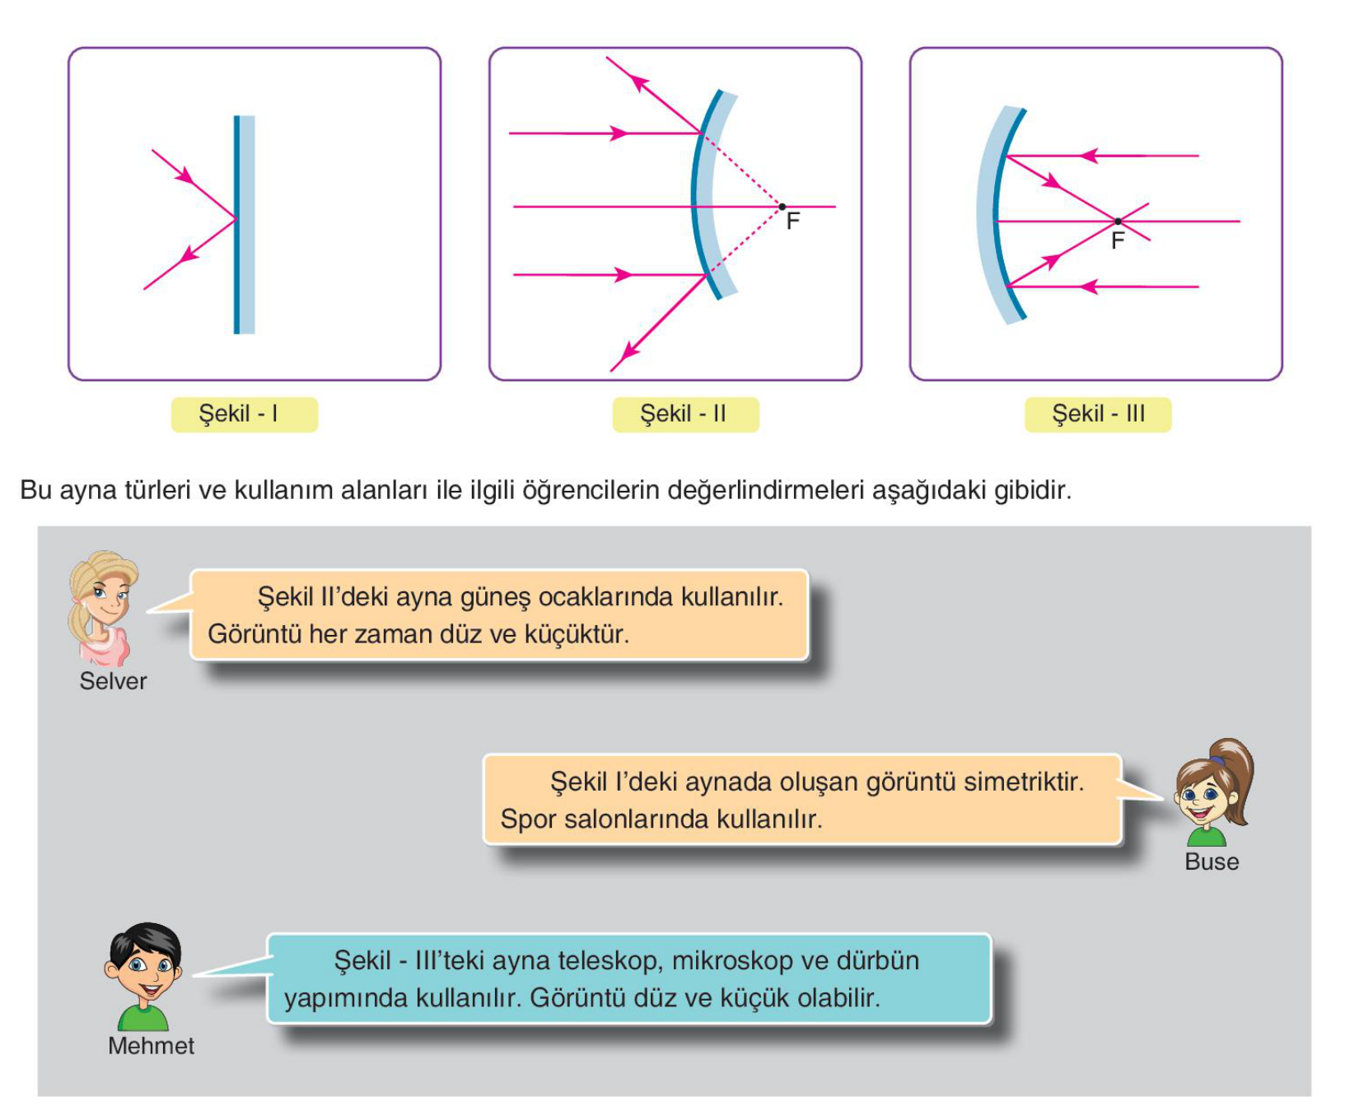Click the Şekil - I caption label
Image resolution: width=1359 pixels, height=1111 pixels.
244,414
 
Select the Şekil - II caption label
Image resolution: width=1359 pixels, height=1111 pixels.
685,414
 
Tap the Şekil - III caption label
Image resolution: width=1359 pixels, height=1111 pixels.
1098,414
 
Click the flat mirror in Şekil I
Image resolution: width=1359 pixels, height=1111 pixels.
244,224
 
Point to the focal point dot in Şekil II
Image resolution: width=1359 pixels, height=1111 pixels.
782,207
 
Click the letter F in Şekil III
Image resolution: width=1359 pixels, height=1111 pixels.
1118,241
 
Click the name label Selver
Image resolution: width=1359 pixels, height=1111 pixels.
113,681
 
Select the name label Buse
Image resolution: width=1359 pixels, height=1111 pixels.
1212,861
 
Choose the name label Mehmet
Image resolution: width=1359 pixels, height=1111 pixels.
151,1046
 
